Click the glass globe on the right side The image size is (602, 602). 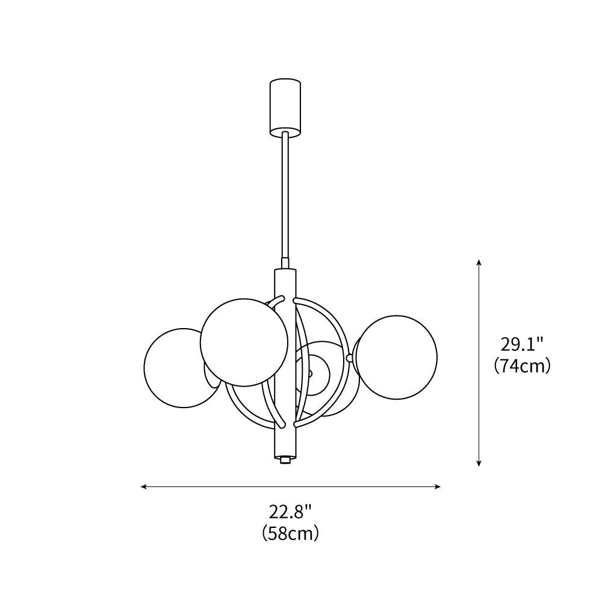(x=396, y=356)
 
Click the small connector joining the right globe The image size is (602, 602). (x=350, y=358)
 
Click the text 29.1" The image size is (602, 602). (x=522, y=344)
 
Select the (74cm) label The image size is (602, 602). (x=522, y=365)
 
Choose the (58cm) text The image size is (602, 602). (x=290, y=533)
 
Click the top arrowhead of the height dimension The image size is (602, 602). (x=479, y=263)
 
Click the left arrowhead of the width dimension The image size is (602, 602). (x=144, y=486)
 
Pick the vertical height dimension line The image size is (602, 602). (x=479, y=361)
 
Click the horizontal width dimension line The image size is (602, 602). (x=290, y=486)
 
